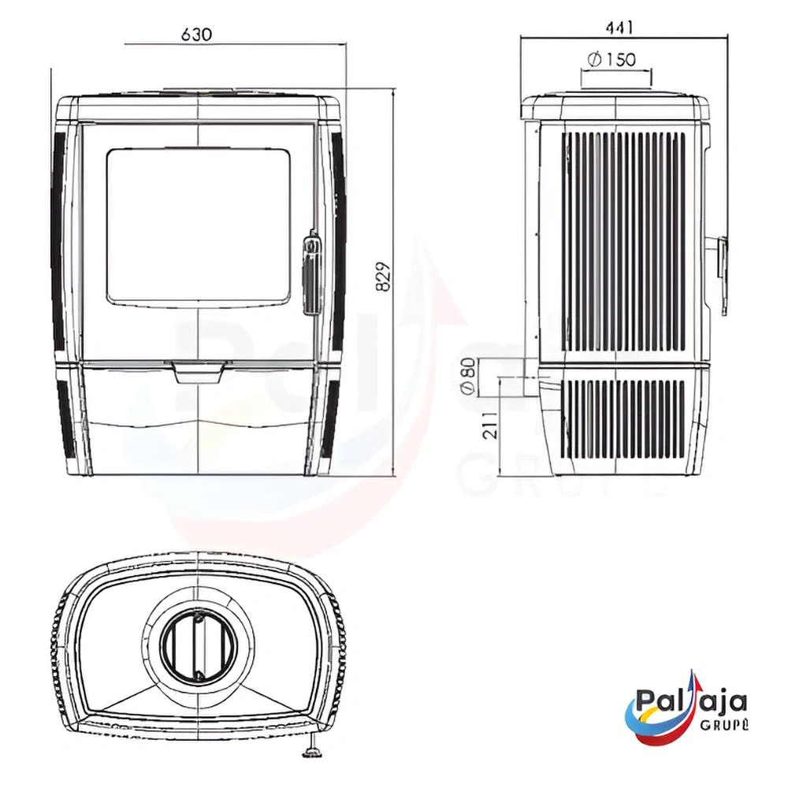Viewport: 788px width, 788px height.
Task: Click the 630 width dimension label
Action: pos(196,35)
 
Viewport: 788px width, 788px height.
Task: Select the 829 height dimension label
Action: pos(384,277)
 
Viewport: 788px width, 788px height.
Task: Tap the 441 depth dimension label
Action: pos(619,28)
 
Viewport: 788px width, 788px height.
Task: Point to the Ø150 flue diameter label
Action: pos(612,59)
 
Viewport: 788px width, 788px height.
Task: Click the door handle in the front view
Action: pos(310,272)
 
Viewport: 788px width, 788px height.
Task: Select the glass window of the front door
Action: pos(199,225)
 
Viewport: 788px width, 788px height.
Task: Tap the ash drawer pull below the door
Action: pos(200,371)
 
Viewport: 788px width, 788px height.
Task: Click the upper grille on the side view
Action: pos(623,240)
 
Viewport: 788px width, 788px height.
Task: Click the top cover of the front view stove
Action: pos(200,106)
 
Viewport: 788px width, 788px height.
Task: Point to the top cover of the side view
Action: pos(615,106)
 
